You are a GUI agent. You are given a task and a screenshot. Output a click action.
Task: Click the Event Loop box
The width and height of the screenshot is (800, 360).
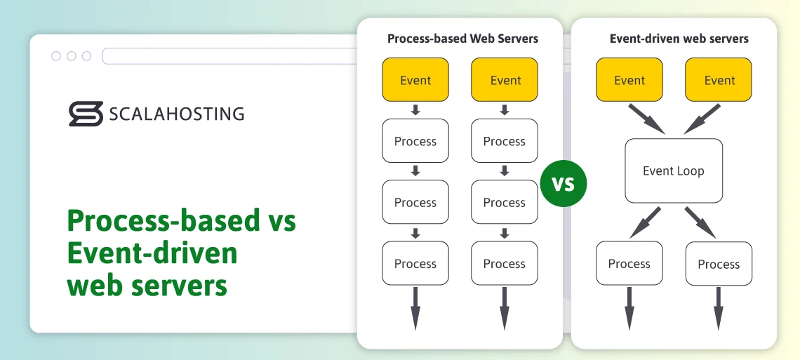674,171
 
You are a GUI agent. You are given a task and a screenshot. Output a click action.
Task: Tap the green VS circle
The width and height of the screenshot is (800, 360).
563,184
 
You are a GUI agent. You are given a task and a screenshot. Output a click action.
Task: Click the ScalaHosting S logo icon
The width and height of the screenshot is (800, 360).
86,114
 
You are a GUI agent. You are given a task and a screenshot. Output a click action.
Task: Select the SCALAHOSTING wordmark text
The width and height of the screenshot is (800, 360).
176,114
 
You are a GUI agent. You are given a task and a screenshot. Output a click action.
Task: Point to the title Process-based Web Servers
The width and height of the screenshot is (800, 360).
462,39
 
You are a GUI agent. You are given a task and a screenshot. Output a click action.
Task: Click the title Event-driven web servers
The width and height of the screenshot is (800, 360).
679,39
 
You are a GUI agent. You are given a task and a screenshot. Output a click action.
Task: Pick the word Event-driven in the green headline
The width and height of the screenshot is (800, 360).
152,253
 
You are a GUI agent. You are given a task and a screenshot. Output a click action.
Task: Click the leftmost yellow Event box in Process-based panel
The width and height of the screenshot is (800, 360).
415,80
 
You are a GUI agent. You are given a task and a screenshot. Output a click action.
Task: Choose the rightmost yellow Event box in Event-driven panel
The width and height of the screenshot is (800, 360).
719,80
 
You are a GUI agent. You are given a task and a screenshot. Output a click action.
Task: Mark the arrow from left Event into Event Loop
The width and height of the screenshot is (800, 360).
646,119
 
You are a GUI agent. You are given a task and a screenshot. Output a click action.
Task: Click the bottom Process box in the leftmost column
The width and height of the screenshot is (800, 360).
415,264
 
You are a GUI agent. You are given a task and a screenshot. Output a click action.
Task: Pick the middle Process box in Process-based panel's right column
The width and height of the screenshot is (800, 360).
504,203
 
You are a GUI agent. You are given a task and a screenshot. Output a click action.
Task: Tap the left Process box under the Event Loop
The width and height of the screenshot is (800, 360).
629,264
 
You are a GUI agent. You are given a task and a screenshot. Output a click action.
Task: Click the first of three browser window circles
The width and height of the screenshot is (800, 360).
56,56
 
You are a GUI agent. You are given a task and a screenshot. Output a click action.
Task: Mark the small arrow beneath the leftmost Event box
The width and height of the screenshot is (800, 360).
415,109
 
